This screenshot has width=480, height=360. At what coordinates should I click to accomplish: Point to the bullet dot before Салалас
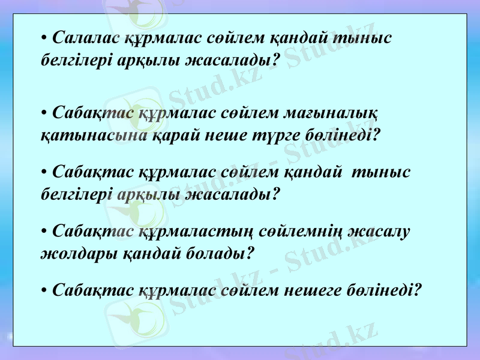(x=44, y=39)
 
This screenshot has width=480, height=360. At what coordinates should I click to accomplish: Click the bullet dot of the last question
(x=44, y=291)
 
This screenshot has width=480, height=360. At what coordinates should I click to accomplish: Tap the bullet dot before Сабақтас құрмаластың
(x=44, y=232)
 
